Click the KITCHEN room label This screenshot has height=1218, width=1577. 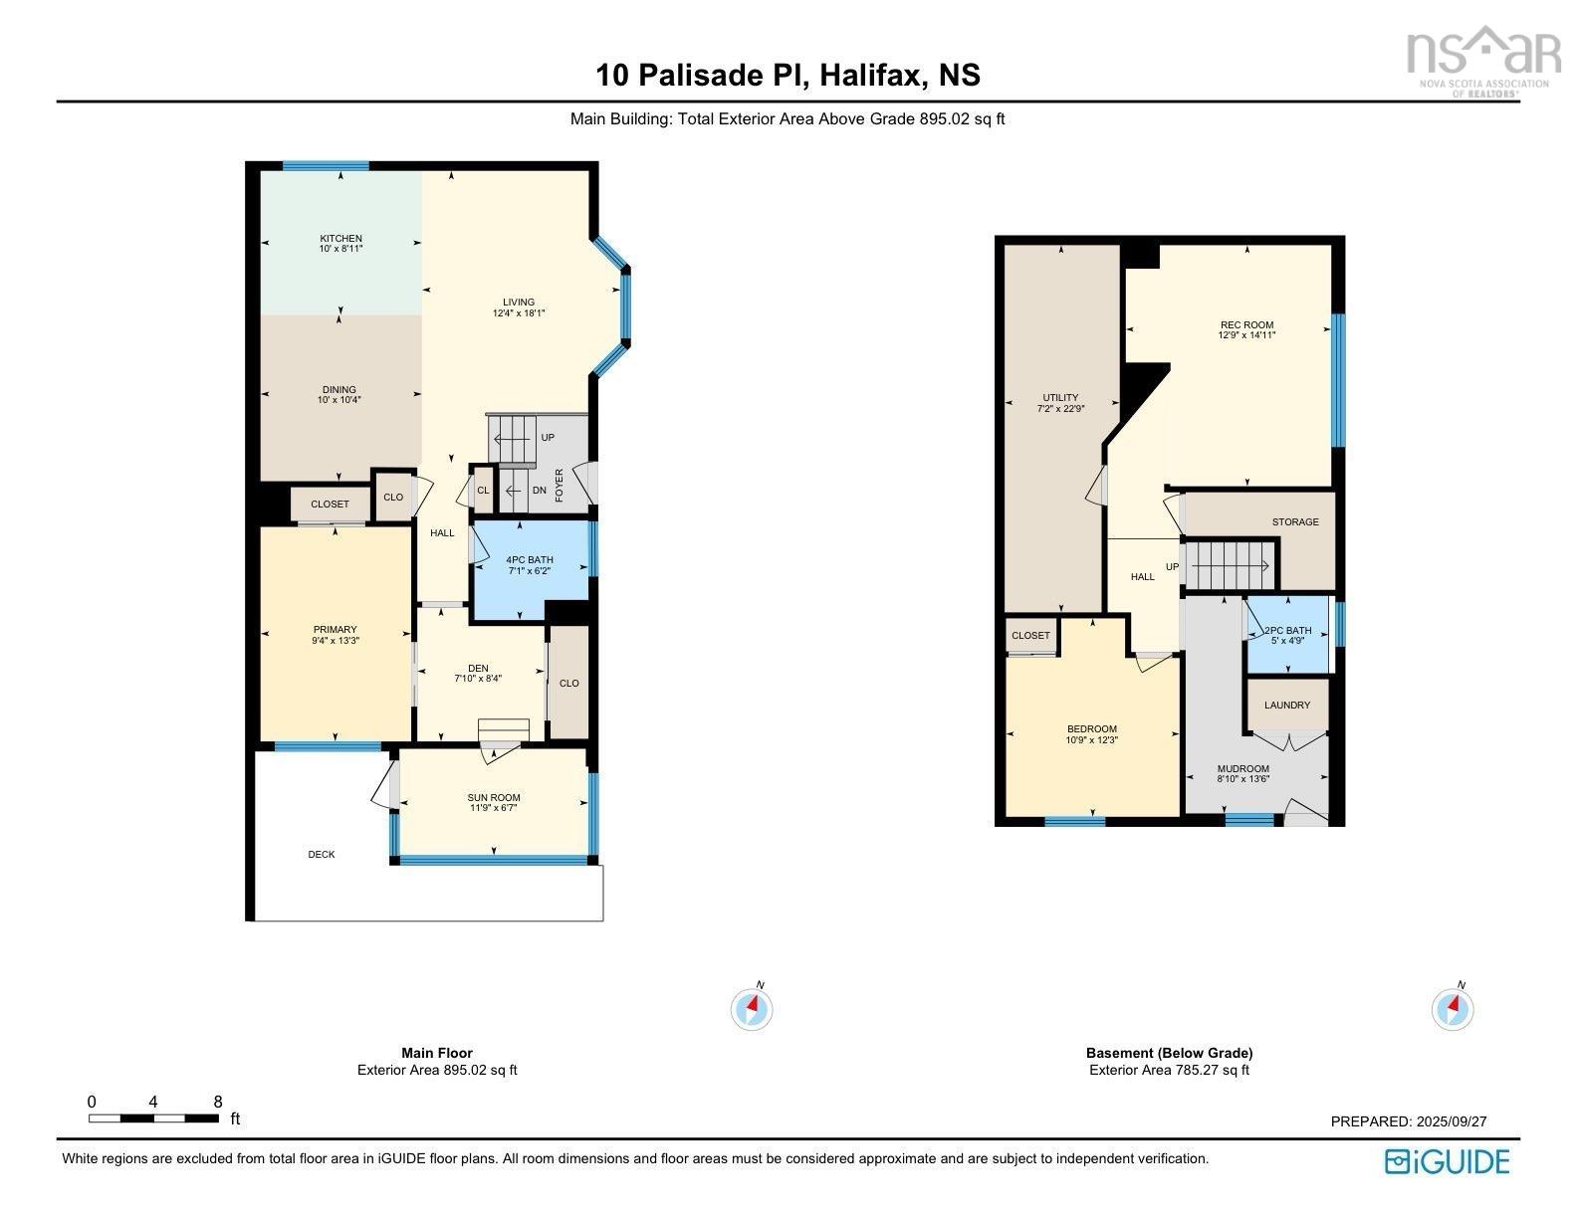[x=340, y=238]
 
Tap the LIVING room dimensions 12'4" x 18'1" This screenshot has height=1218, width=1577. [x=518, y=313]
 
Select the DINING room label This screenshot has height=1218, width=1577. [x=338, y=389]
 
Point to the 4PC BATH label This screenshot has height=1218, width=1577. [x=529, y=560]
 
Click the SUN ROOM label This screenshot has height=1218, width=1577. [x=494, y=797]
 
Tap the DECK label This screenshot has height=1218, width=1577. [x=322, y=855]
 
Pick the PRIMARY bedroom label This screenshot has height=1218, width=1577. [x=335, y=630]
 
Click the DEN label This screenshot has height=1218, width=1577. [x=478, y=668]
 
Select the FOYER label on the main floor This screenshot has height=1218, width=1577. [x=559, y=486]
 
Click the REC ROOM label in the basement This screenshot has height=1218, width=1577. [x=1246, y=325]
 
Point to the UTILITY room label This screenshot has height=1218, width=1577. [x=1060, y=397]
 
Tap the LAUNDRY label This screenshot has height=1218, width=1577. [x=1286, y=706]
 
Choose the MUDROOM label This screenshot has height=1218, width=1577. [x=1243, y=768]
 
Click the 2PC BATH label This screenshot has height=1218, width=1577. [x=1288, y=631]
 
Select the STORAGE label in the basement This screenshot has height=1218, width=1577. [x=1295, y=521]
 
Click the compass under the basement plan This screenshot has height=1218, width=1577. [x=1453, y=1008]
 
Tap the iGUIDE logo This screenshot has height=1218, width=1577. [x=1448, y=1161]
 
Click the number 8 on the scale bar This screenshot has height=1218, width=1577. [x=218, y=1102]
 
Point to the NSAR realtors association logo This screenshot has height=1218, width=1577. [x=1484, y=61]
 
